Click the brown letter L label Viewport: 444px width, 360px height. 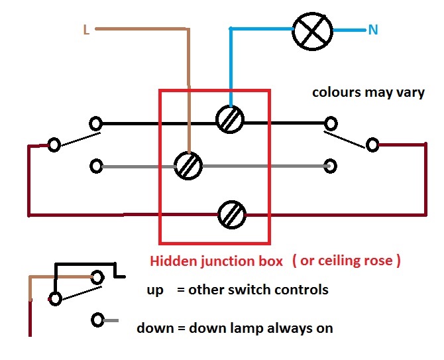tap(86, 29)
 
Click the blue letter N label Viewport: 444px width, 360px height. tap(374, 30)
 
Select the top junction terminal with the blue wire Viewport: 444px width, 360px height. tap(231, 119)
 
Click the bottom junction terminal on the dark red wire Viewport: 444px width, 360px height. tap(233, 214)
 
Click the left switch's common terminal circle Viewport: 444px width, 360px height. tap(54, 144)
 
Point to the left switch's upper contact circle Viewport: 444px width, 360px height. tap(97, 123)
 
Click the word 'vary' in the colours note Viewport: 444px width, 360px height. tap(410, 92)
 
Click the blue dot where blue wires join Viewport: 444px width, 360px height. tap(231, 29)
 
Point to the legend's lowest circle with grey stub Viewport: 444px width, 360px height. tap(99, 320)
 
